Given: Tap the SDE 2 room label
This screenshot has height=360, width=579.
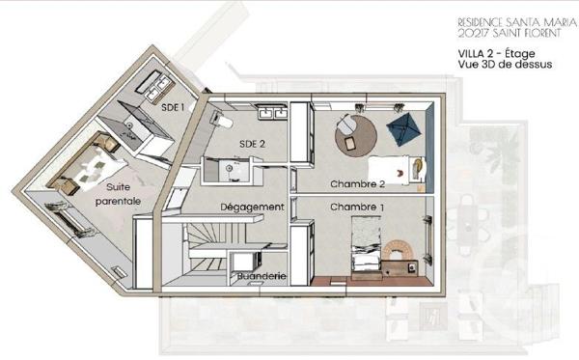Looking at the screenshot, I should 253,144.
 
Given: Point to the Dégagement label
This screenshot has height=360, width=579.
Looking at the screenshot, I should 252,207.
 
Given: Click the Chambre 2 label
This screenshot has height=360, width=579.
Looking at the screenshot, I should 358,183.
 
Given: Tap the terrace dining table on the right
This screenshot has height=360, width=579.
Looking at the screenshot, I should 470,218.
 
